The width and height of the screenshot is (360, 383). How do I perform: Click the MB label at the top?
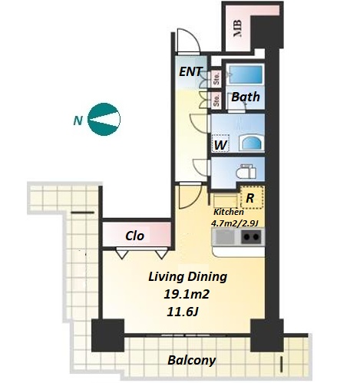point(238,28)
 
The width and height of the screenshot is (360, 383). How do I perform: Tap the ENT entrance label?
point(191,71)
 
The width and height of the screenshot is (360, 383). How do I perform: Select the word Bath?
point(246,97)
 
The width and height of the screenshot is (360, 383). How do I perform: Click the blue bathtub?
point(246,74)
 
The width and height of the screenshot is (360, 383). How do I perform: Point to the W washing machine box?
point(220,143)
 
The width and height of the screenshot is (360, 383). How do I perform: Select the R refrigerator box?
point(252,197)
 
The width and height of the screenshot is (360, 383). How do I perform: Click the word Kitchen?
point(229,212)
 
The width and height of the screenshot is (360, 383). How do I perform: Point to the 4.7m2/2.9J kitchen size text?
point(234,223)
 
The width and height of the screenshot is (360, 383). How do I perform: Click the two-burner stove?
point(251,236)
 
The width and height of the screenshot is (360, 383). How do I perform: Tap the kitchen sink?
point(225,236)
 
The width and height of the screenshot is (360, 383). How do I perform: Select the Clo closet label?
point(134,236)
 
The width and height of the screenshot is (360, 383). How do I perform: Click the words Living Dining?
point(188,277)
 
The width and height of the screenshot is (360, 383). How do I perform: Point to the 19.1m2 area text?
point(187,294)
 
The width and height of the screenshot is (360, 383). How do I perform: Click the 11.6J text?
point(183,312)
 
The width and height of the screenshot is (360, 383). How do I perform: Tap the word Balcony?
point(192,361)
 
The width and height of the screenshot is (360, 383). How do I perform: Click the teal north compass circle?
point(104,119)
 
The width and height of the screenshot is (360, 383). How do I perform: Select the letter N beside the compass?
point(78,121)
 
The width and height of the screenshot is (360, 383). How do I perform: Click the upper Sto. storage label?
point(216,79)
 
